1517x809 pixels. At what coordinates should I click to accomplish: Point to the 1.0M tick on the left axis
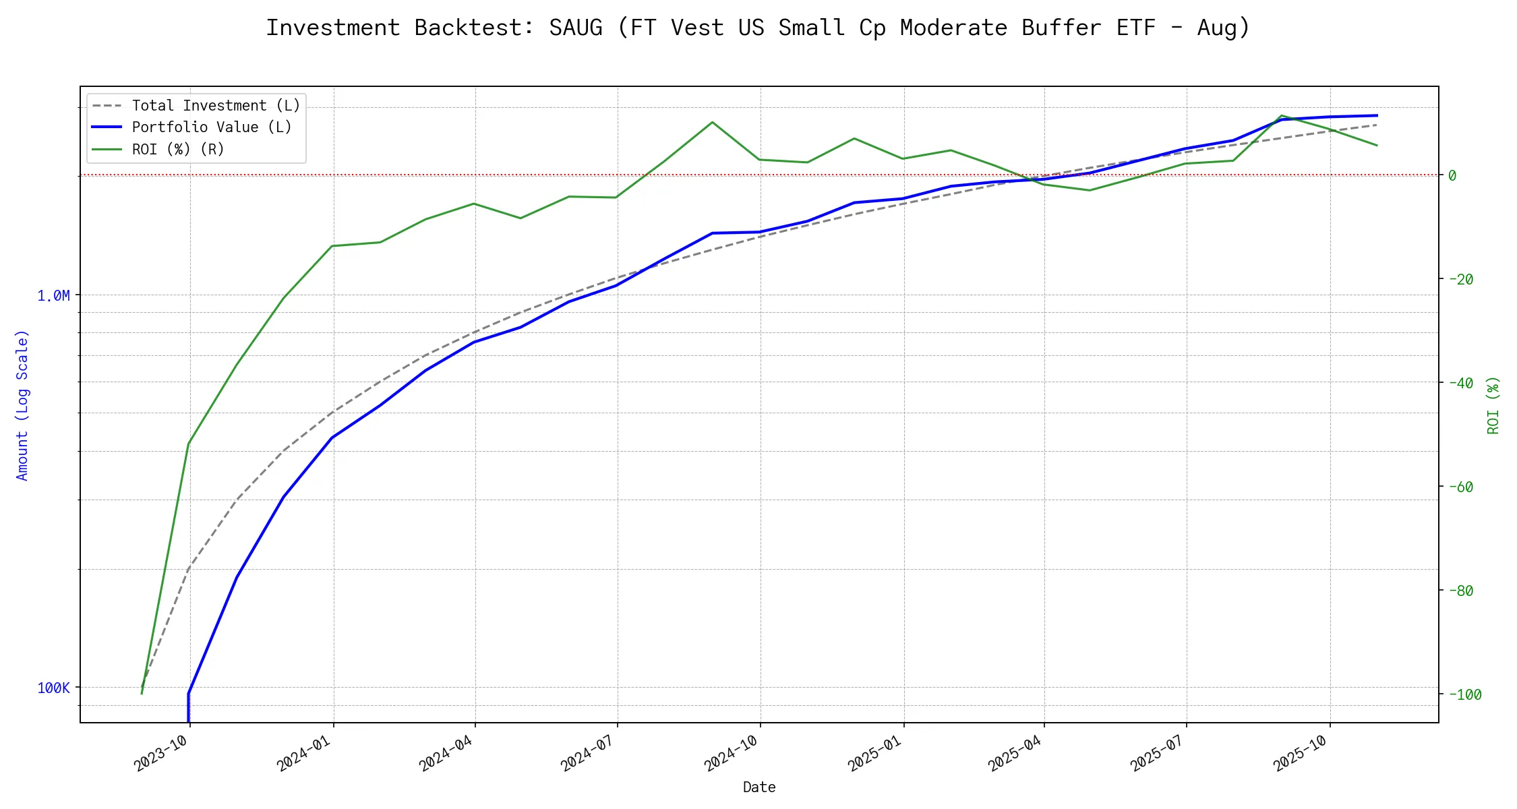click(53, 295)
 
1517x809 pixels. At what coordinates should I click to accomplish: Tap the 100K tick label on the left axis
click(53, 688)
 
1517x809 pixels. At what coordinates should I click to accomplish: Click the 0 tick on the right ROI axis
click(1452, 175)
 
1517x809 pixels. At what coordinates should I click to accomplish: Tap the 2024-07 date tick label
click(588, 754)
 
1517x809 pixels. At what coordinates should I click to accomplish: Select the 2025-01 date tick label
click(874, 754)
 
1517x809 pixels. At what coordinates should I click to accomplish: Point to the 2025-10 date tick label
click(1301, 754)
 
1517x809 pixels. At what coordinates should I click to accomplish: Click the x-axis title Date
click(759, 787)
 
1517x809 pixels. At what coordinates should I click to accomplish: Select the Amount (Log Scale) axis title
click(22, 404)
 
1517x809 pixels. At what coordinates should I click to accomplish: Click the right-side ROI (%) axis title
click(1493, 404)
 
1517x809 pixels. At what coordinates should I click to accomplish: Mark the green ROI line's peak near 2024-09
click(712, 122)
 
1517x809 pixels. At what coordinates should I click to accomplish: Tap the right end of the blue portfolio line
click(1377, 115)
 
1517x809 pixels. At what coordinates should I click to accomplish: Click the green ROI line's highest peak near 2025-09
click(1281, 115)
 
